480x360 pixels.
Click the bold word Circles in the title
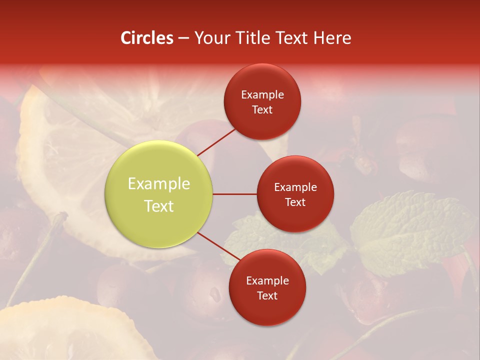click(146, 38)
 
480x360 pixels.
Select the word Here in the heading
click(332, 38)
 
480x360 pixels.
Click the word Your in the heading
click(211, 38)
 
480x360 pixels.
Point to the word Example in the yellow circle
click(159, 184)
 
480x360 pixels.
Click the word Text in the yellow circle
click(159, 206)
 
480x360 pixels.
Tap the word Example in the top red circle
click(262, 95)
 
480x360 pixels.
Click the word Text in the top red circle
click(262, 109)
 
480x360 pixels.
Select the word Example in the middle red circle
click(295, 187)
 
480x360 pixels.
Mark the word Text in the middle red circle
click(295, 202)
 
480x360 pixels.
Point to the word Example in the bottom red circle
click(267, 281)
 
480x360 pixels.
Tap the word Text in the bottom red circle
click(267, 295)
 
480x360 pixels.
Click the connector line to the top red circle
click(216, 141)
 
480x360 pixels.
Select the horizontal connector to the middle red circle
click(235, 194)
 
